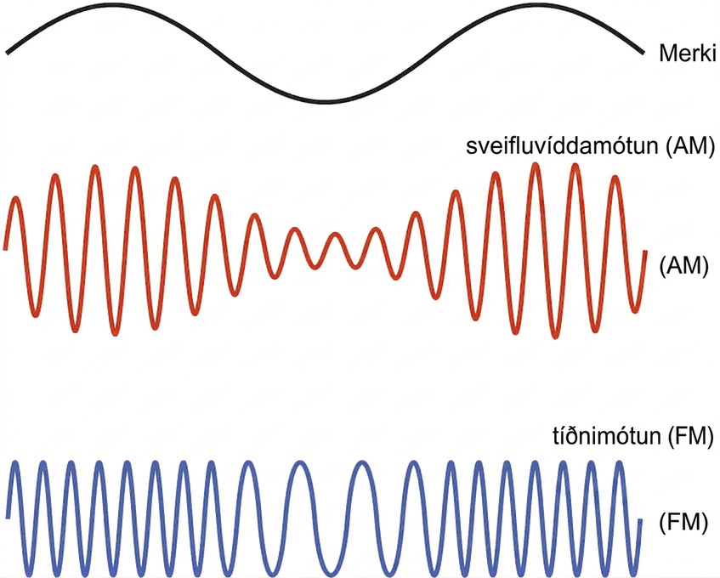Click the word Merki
coord(688,54)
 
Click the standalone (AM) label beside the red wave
coord(684,266)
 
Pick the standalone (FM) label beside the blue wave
coord(683,523)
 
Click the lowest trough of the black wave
coord(324,101)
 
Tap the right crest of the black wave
coord(536,5)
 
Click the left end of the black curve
coord(7,53)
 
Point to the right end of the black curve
coord(642,53)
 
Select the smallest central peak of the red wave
coord(336,235)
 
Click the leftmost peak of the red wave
coord(16,199)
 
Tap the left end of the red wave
coord(5,250)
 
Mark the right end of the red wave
coord(645,251)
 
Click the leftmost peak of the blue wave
coord(16,462)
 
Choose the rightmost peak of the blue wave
coord(620,462)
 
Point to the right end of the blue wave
coord(640,519)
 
